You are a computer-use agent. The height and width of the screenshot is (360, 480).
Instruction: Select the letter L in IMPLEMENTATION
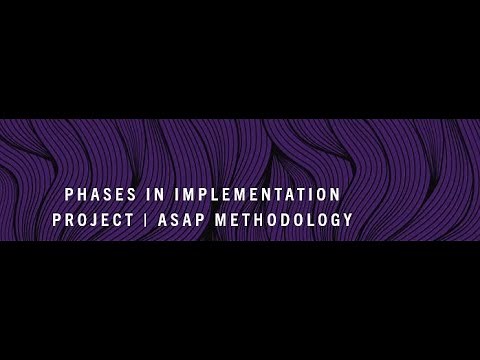pyautogui.click(x=222, y=194)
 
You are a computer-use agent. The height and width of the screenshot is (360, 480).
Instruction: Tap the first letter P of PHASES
pyautogui.click(x=69, y=194)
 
